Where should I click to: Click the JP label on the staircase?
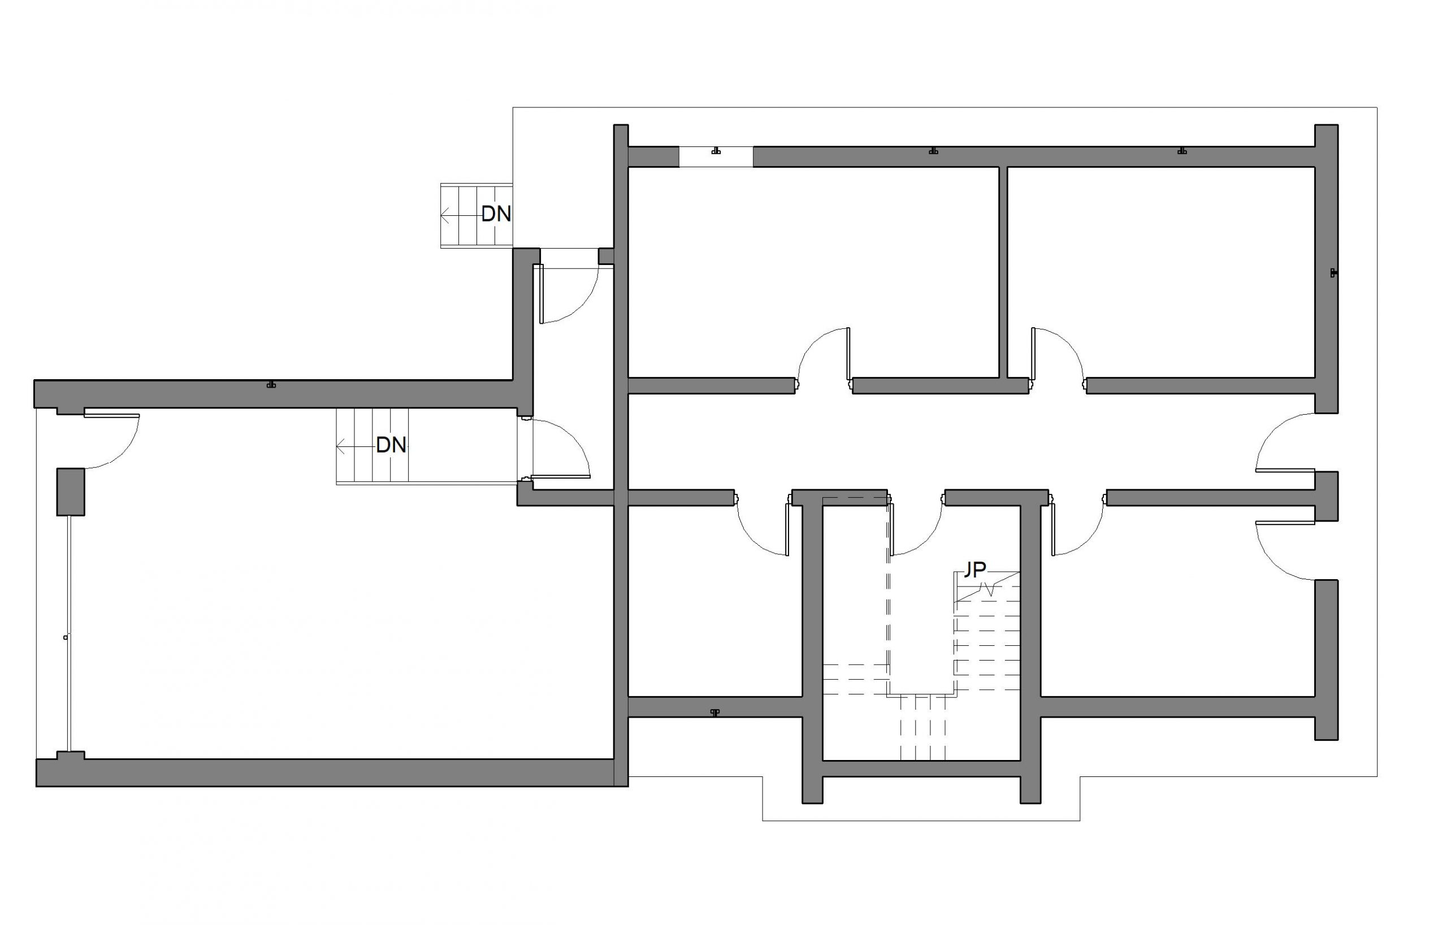tap(974, 570)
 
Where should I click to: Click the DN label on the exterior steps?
tap(496, 213)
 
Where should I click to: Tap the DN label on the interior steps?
tap(391, 445)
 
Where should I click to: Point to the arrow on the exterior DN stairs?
tap(460, 214)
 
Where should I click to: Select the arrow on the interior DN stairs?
tap(356, 446)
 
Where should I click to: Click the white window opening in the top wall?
tap(715, 156)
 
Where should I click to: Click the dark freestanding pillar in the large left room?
tap(70, 492)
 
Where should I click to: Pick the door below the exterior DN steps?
tap(569, 294)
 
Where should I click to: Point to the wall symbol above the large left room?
tap(272, 384)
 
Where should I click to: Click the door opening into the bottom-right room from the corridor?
tap(1078, 528)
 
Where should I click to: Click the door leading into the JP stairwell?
tap(916, 528)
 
